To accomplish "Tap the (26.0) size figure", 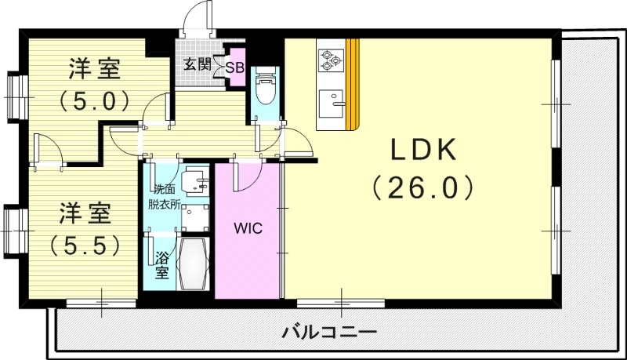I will tap(423, 187).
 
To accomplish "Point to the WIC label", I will tap(247, 228).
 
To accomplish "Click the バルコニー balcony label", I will tap(329, 332).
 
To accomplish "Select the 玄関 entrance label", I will tap(197, 64).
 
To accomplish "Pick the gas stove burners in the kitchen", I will tap(330, 57).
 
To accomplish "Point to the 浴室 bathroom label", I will tap(161, 265).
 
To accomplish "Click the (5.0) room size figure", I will tap(94, 100).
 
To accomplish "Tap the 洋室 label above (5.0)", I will tap(94, 69).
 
